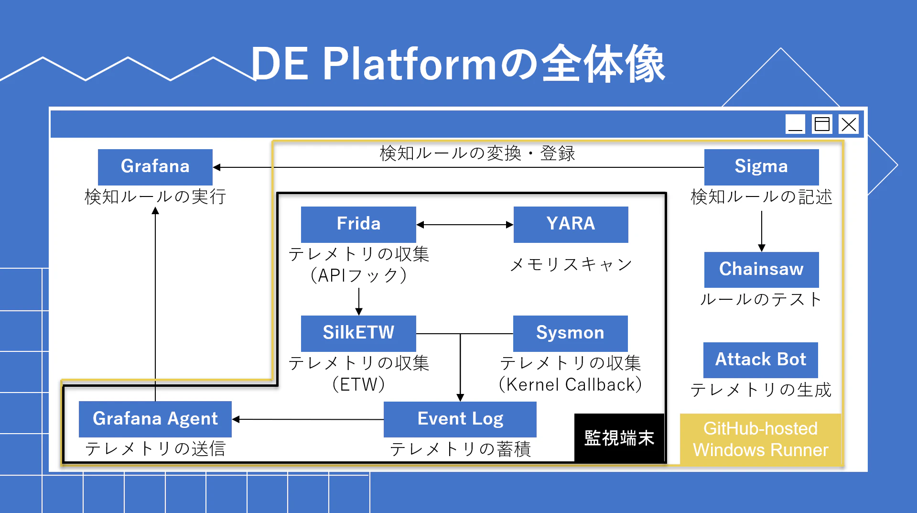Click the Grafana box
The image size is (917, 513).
[155, 167]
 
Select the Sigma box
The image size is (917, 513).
[761, 167]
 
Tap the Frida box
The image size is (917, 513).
[358, 224]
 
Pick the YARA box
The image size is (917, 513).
[571, 224]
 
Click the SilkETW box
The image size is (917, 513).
[358, 333]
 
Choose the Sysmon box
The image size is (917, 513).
[570, 333]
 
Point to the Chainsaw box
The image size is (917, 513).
[761, 270]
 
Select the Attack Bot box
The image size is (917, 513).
[760, 360]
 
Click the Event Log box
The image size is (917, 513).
[460, 419]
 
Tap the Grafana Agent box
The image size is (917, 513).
[155, 419]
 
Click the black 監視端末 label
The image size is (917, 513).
[619, 438]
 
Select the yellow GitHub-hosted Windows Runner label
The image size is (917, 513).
[760, 439]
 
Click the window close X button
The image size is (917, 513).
[849, 124]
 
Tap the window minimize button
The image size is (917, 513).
[796, 124]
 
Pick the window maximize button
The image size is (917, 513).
[822, 124]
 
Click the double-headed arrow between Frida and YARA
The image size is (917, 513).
[464, 225]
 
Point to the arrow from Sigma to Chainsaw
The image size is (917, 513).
[762, 231]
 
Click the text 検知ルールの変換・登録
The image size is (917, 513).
[477, 153]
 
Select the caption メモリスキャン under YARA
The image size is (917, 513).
[571, 264]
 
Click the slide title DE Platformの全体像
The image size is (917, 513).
[458, 64]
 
